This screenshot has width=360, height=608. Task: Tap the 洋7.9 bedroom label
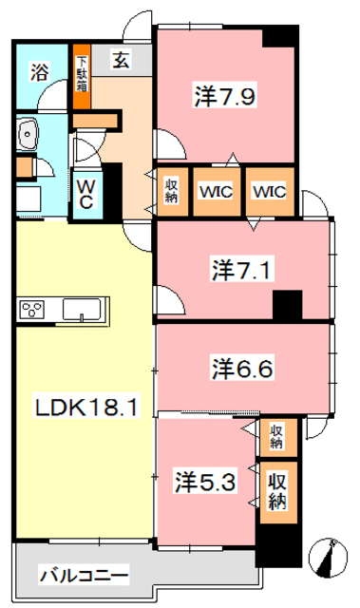(228, 95)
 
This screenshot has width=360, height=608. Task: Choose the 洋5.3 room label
(205, 481)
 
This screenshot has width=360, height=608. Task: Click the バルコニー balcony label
(84, 575)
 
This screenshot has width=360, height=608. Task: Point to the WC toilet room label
(85, 194)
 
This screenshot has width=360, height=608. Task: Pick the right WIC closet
(269, 190)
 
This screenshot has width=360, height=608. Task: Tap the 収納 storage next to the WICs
(172, 190)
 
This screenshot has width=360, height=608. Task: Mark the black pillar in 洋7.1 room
(283, 306)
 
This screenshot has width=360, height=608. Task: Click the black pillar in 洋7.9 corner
(279, 34)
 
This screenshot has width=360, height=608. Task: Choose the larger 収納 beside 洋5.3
(277, 489)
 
